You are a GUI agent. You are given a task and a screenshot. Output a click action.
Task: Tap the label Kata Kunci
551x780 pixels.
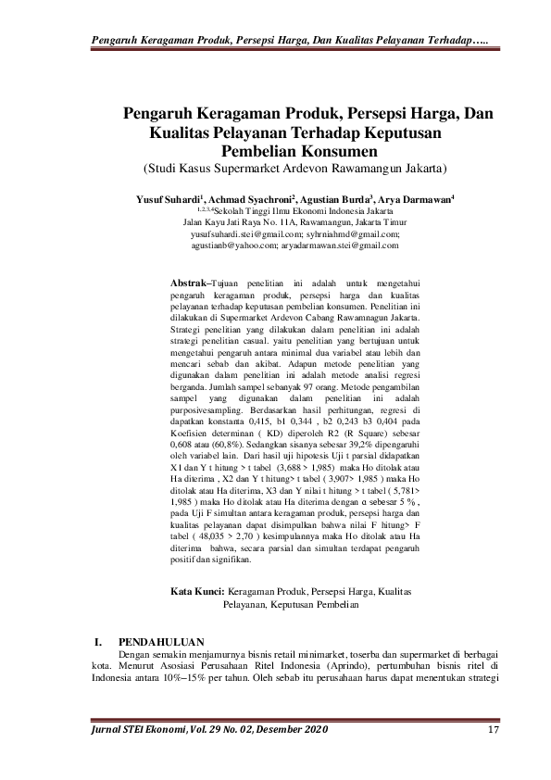(x=198, y=591)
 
